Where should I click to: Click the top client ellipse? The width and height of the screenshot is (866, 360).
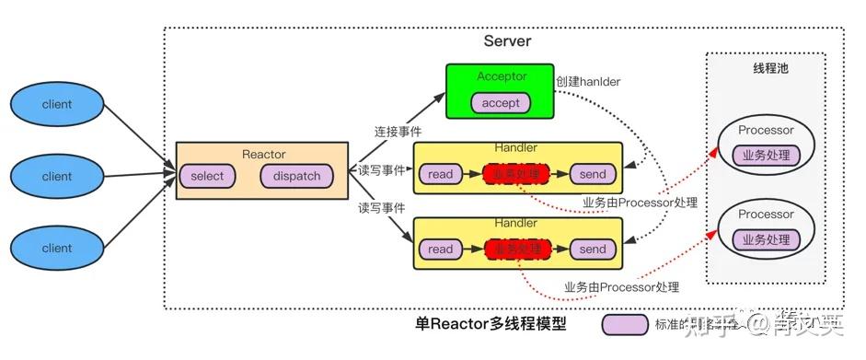[57, 105]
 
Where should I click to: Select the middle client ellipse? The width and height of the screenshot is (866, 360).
[57, 176]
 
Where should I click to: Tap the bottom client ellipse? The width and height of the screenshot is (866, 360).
[57, 248]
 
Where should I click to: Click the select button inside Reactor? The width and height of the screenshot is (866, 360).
[207, 176]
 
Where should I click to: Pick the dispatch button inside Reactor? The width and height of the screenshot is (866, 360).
[297, 176]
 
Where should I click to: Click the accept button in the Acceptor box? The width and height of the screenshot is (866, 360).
[501, 103]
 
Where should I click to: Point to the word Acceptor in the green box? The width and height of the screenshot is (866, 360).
[501, 76]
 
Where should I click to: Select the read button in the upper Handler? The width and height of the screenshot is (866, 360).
[441, 174]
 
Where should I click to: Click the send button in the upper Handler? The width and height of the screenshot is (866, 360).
[593, 174]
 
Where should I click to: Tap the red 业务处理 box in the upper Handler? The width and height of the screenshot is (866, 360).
[517, 174]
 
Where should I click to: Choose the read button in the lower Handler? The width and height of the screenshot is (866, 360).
[441, 249]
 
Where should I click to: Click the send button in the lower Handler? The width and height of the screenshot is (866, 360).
[593, 249]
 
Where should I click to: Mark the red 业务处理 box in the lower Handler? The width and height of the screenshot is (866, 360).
[517, 249]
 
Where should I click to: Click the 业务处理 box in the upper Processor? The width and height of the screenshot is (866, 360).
[766, 156]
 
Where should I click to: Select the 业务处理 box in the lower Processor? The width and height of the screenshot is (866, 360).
[766, 239]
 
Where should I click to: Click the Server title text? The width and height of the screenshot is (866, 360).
[507, 41]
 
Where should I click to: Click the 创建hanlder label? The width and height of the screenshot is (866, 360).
[587, 81]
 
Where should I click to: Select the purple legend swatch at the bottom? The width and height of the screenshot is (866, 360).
[625, 324]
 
